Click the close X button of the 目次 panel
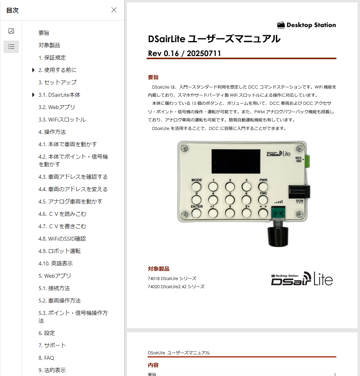coord(114,10)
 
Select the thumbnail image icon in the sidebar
coord(11,31)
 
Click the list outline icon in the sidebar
coord(11,46)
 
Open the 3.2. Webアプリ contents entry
coord(57,107)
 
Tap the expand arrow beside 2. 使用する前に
coord(33,70)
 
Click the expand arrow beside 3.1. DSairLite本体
coord(33,95)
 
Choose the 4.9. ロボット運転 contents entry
coord(60,251)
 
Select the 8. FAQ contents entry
coord(46,358)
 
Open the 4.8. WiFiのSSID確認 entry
coord(62,239)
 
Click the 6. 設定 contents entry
coord(47,333)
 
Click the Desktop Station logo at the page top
coord(307,25)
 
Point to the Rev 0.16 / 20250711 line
coord(184,53)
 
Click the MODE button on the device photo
coord(196,186)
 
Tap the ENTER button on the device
coord(196,213)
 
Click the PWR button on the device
coord(263,186)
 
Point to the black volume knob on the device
coord(278,236)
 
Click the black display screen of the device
coord(236,161)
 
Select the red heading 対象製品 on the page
coord(159,269)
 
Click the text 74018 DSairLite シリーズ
coord(172,279)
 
